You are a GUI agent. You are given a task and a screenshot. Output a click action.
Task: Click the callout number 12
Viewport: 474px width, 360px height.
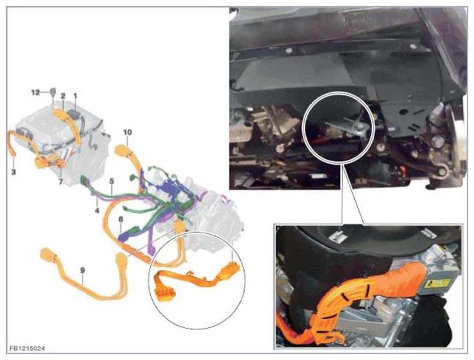(x=36, y=92)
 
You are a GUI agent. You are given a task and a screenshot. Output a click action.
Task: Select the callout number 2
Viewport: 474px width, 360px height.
(x=63, y=96)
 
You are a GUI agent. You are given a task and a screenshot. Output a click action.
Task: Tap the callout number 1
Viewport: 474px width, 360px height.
(x=75, y=96)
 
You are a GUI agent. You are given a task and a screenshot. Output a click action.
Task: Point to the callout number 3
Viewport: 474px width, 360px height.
(x=13, y=172)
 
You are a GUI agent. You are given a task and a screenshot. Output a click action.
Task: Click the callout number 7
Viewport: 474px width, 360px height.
(x=61, y=182)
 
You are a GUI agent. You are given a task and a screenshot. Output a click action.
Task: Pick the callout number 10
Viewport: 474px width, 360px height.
(x=128, y=132)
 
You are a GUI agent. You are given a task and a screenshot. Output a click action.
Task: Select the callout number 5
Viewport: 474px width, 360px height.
(x=112, y=181)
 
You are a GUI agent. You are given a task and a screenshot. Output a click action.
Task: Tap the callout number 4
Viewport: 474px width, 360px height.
(x=96, y=210)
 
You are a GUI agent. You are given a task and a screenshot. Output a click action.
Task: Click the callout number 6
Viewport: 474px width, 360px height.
(x=121, y=219)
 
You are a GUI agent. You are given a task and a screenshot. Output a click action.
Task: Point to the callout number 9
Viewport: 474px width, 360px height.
(x=82, y=270)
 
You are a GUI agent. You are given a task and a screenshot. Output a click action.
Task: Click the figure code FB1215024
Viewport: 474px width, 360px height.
(x=27, y=348)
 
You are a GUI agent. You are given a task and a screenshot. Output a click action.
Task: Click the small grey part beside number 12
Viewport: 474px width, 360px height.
(x=52, y=91)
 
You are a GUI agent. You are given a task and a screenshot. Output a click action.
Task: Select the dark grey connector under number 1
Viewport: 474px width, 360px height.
(x=73, y=114)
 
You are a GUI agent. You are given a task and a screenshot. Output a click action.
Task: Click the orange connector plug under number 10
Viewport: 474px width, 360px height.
(x=121, y=150)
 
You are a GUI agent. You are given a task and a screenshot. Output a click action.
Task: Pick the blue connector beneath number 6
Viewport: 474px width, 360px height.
(x=124, y=236)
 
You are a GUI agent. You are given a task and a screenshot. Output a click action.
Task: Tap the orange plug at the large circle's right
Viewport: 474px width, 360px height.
(x=231, y=269)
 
